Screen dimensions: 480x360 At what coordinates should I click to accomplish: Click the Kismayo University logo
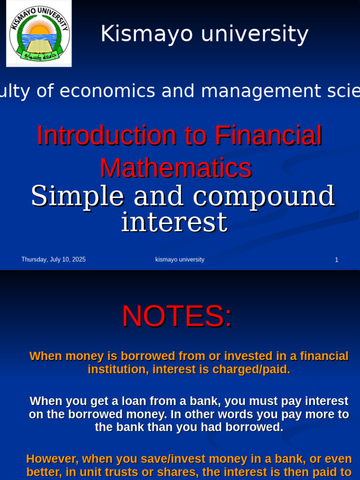tap(39, 33)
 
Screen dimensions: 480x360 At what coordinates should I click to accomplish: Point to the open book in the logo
tap(39, 46)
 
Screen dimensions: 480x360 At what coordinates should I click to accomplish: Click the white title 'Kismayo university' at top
tap(204, 34)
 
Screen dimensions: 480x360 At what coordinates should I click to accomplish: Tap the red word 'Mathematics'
tap(176, 168)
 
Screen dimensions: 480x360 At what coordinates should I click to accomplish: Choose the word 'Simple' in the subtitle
tap(77, 196)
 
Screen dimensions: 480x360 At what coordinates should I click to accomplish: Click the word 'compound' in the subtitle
tap(263, 196)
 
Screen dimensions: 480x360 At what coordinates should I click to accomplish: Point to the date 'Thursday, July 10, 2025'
tap(53, 260)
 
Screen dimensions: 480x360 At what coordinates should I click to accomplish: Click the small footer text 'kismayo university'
tap(180, 260)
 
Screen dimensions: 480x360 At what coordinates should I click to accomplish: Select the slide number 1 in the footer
tap(337, 260)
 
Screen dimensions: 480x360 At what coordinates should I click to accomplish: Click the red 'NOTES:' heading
tap(177, 316)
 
